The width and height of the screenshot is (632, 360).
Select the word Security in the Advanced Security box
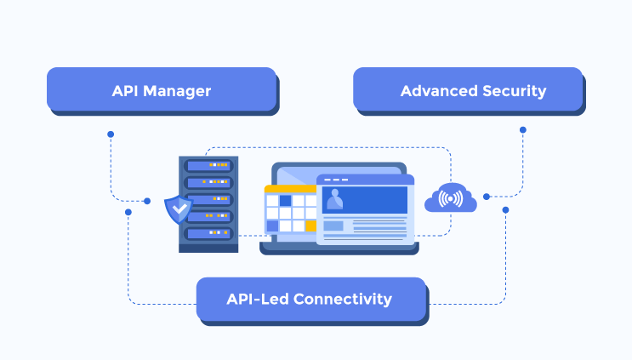[510, 90]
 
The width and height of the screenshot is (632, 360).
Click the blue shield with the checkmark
[177, 208]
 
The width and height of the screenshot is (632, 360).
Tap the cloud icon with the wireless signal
[451, 199]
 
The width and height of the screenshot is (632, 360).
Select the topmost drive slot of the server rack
[208, 164]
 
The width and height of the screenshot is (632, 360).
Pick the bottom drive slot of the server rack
[208, 232]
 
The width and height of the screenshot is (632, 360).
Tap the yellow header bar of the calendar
[289, 189]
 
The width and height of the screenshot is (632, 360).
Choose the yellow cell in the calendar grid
[311, 226]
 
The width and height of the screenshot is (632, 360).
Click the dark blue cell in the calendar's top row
[286, 201]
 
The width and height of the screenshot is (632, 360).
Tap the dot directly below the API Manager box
[110, 134]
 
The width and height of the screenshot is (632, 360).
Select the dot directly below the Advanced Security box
[522, 130]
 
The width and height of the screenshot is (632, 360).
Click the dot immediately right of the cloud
[487, 197]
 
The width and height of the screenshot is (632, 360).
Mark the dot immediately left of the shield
[147, 201]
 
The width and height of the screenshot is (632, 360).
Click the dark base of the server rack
[208, 247]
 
